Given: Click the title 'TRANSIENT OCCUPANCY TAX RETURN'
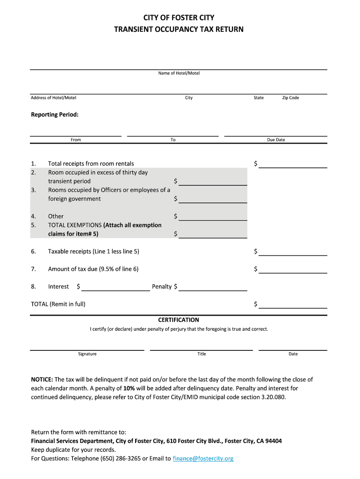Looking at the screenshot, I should point(179,29).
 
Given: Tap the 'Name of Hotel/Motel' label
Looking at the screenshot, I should point(179,73).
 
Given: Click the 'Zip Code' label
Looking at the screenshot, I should point(290,98).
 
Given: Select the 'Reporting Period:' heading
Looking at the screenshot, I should point(55,115).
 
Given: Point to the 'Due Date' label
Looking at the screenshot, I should point(276,140).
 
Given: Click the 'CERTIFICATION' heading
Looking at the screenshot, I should point(179,320).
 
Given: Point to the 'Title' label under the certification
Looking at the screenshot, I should point(202,354).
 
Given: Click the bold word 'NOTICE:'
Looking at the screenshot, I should point(42,379).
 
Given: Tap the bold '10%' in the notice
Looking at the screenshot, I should point(130,388).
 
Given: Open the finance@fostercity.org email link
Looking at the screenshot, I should point(203,458).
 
